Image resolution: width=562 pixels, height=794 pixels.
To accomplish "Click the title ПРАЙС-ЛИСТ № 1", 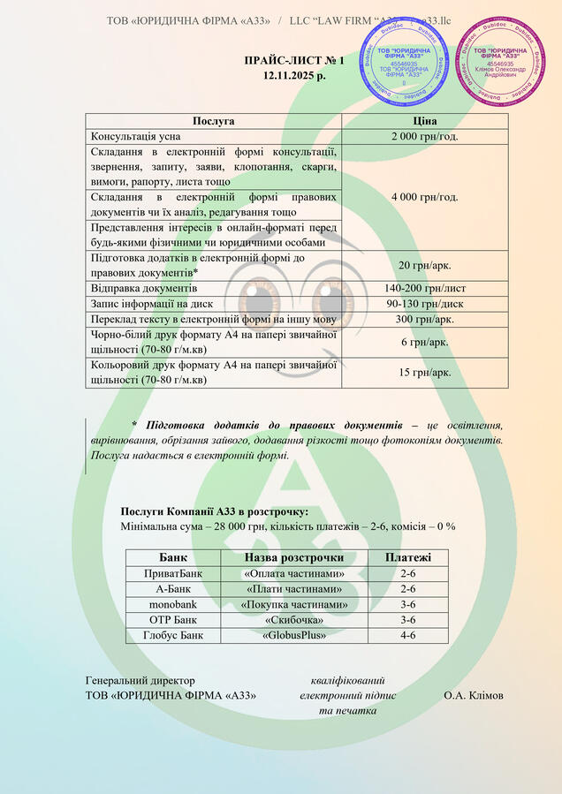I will [294, 60].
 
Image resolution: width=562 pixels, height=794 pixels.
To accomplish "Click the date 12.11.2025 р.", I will [294, 76].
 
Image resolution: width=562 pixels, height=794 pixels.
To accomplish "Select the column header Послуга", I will [213, 121].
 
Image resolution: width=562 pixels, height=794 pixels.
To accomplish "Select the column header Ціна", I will [424, 121].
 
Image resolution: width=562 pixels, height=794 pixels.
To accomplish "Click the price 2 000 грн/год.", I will [424, 136].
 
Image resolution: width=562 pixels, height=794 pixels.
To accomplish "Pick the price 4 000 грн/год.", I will [424, 196].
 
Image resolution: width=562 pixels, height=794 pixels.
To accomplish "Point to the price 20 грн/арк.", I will [424, 265].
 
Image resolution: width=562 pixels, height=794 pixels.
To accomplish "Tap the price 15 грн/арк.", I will [424, 372].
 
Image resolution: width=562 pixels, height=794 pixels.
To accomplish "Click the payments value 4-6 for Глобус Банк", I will [408, 635].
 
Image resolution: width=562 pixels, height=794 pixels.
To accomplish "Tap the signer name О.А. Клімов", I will [474, 695].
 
